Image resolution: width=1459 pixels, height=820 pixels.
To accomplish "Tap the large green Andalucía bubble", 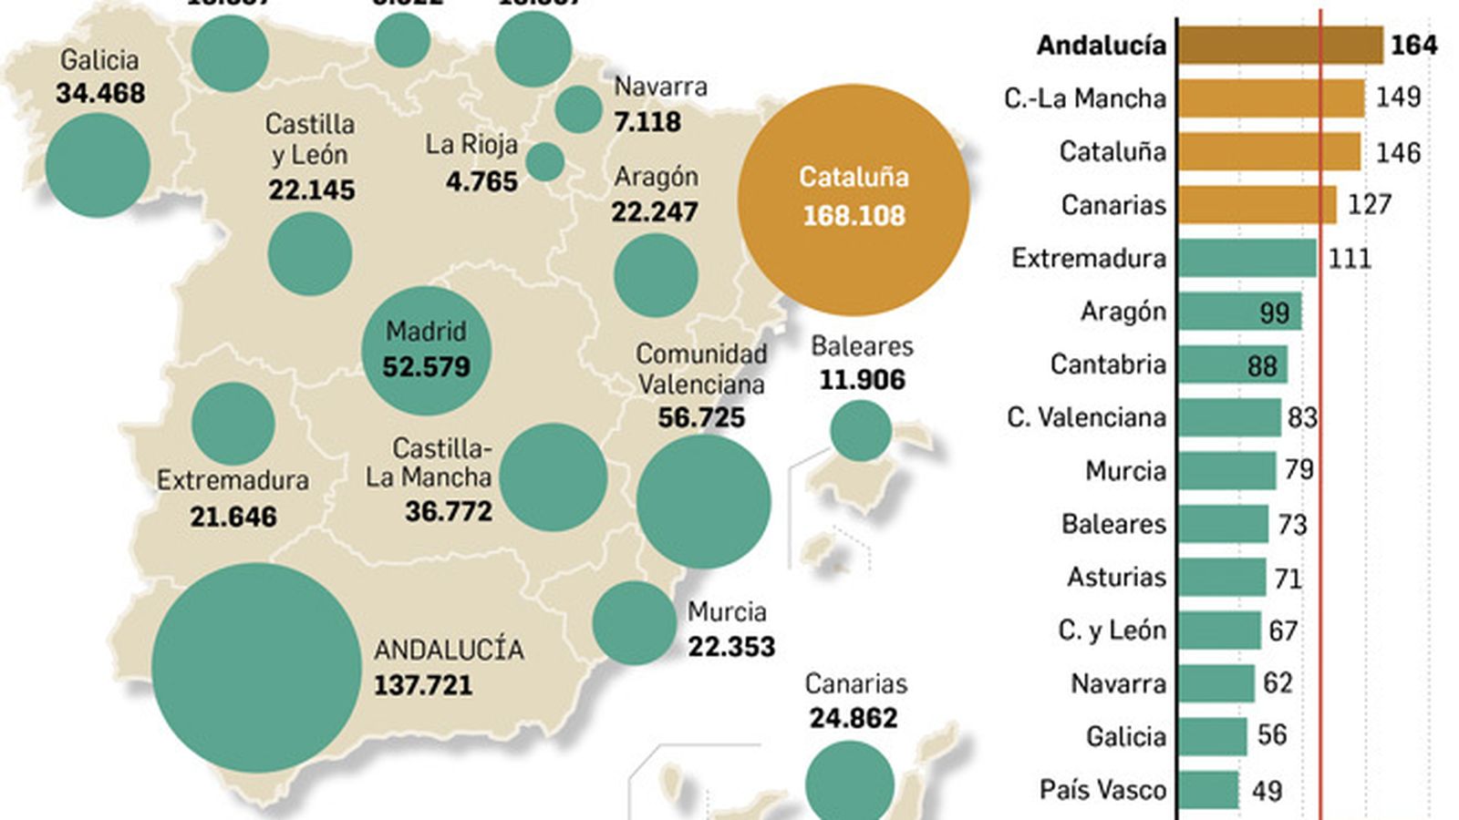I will point(256,668).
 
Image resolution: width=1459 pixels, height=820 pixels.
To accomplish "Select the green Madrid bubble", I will point(426,350).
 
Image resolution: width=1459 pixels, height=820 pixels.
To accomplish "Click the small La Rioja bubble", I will point(545,161).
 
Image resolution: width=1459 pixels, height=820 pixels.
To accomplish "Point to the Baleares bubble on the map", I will point(860,430).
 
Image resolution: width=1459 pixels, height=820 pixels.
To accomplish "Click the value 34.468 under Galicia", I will point(100,93).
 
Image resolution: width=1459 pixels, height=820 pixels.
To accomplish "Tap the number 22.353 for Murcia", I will point(731,647).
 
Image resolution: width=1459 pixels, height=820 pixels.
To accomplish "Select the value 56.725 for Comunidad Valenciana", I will point(701,417).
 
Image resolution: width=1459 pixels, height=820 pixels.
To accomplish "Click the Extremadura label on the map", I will point(233,480).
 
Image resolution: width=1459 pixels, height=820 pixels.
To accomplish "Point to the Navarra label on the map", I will point(660,87).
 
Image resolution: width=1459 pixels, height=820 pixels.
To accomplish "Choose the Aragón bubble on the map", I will point(656,275).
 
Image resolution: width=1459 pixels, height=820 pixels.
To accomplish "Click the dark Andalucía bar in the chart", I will point(1279,45).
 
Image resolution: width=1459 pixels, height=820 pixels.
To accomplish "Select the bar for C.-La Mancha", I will point(1270,98).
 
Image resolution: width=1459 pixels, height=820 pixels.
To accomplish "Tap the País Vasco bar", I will point(1208,790).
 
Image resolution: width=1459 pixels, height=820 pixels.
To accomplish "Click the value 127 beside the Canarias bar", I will point(1370,204).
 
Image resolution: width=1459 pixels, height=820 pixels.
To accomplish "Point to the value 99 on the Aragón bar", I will point(1274,313).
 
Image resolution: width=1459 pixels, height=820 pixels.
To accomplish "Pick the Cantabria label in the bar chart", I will point(1108,364).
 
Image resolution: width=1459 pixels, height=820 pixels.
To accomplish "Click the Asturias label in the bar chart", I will point(1116,577).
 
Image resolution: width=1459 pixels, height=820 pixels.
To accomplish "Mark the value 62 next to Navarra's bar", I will point(1278,683).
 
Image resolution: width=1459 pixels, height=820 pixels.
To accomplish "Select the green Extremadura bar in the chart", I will point(1247,258).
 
